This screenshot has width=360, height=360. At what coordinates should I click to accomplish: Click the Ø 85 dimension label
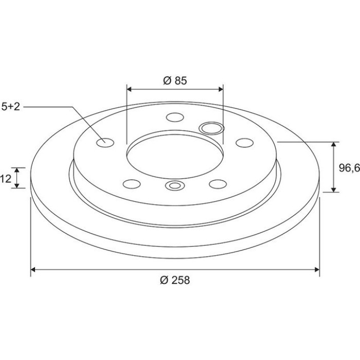point(175,81)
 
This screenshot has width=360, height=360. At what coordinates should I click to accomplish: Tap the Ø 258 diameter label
point(175,280)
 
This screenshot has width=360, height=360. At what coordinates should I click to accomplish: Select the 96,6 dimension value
point(349,168)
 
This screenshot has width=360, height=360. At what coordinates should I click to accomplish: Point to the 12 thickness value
point(6,178)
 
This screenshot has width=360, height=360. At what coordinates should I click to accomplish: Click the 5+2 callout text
point(11,107)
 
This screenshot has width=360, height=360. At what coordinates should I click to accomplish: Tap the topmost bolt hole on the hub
point(175,117)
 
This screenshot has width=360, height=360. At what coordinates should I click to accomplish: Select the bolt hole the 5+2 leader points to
point(105,142)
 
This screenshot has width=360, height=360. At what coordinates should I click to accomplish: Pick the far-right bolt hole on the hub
point(244,142)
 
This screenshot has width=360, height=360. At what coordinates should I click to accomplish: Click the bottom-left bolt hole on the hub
point(132,184)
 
